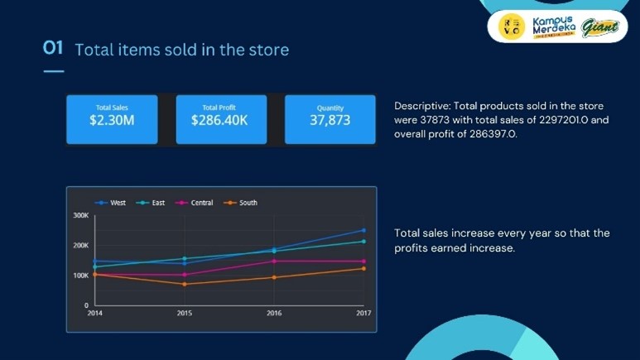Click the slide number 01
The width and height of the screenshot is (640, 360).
(x=53, y=48)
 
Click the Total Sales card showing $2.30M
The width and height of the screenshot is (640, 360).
(x=112, y=119)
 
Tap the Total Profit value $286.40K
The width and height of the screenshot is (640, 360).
(x=219, y=121)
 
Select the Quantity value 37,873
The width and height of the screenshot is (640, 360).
(x=330, y=121)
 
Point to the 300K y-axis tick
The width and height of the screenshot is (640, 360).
(x=81, y=215)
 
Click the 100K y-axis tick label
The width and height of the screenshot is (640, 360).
(x=81, y=276)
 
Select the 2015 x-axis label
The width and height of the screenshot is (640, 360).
(x=185, y=314)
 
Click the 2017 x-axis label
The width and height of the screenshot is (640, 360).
(x=363, y=314)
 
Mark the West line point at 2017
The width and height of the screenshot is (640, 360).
(x=363, y=231)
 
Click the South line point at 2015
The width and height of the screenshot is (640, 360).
(x=185, y=284)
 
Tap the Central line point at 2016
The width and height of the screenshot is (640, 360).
(x=274, y=262)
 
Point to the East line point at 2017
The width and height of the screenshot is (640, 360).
(x=363, y=242)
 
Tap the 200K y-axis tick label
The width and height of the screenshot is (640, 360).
(x=81, y=246)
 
